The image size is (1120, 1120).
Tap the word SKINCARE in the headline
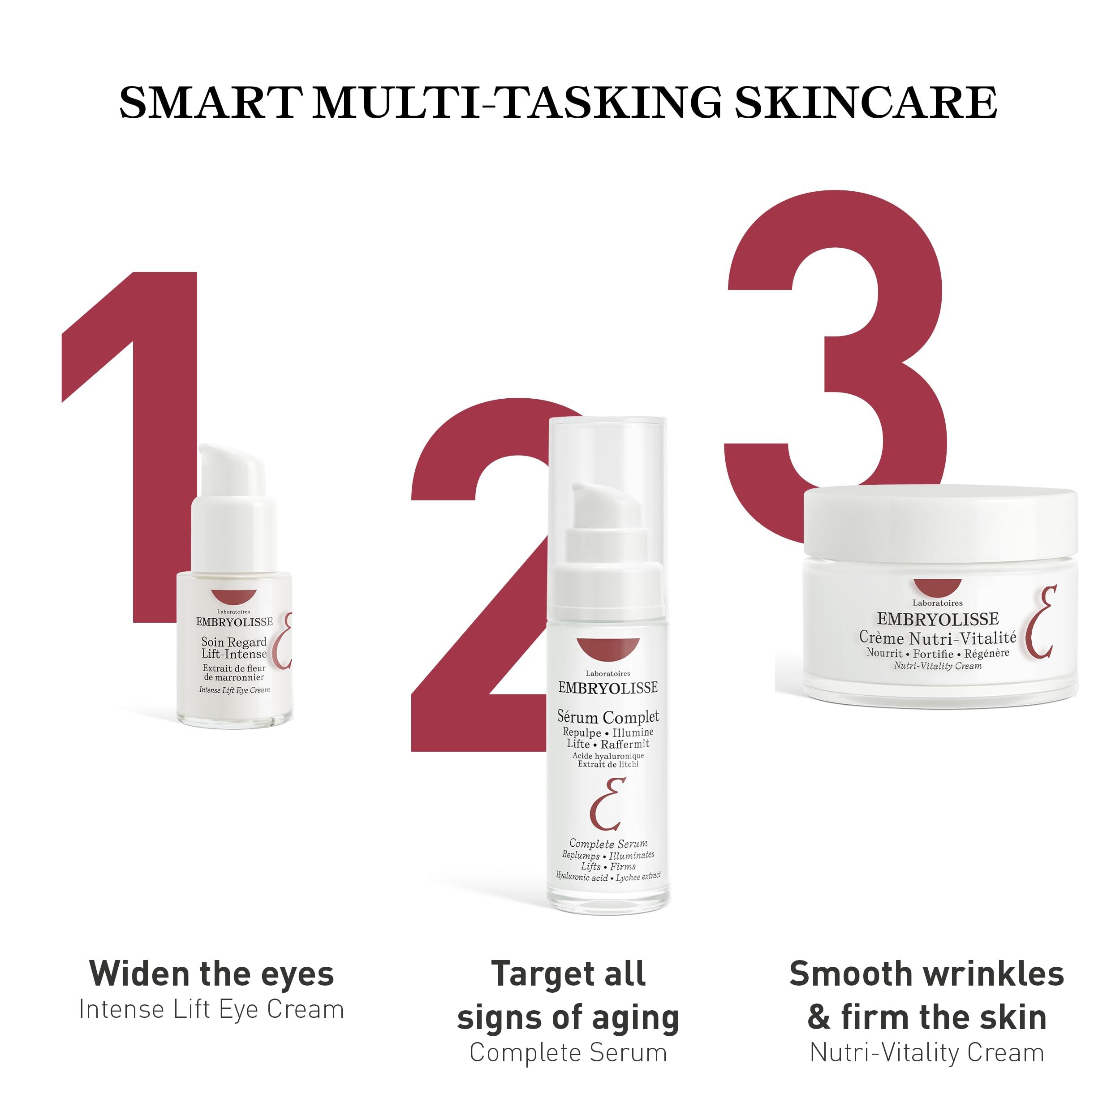coord(866,103)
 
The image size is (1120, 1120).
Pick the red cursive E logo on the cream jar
coord(1041,623)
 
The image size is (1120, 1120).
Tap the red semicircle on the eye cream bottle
coord(233,597)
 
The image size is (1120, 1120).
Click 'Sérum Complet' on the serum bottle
coord(608,717)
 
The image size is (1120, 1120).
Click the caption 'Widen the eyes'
coord(211,974)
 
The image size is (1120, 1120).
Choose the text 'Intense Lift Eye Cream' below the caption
coord(211,1009)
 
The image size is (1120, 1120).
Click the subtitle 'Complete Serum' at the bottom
coord(568,1053)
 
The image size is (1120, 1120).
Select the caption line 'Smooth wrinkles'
coord(926,974)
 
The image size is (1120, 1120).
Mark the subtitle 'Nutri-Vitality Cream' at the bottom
coord(926,1053)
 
